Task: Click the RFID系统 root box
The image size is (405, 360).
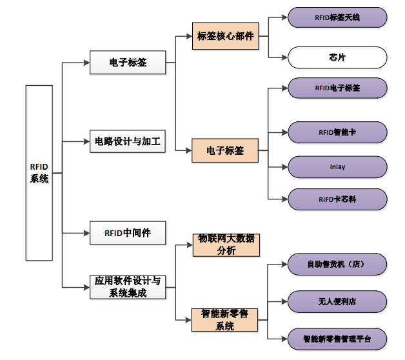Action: tap(39, 173)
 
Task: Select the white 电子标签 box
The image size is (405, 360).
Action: tap(128, 63)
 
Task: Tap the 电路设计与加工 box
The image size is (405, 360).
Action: tap(128, 141)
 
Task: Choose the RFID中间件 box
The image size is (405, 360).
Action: tap(128, 232)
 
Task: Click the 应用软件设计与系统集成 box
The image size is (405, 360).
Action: tap(128, 287)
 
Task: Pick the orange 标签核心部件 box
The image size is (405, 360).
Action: tap(225, 37)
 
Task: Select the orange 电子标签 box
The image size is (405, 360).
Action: tap(225, 151)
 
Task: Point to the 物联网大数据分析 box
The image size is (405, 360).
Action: tap(225, 245)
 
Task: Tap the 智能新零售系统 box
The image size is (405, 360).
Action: tap(225, 320)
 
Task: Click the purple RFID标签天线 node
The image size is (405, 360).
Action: tap(337, 17)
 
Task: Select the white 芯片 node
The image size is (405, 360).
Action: tap(337, 57)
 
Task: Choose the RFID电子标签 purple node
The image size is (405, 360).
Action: tap(337, 88)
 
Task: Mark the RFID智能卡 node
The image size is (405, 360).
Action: tap(337, 132)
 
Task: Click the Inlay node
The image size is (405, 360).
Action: tap(337, 166)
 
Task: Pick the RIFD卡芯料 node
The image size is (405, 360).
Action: tap(337, 199)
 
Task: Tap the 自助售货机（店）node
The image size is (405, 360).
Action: tap(337, 264)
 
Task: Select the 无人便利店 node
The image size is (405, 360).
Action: tap(337, 301)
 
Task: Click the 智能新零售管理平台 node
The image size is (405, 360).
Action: tap(337, 338)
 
